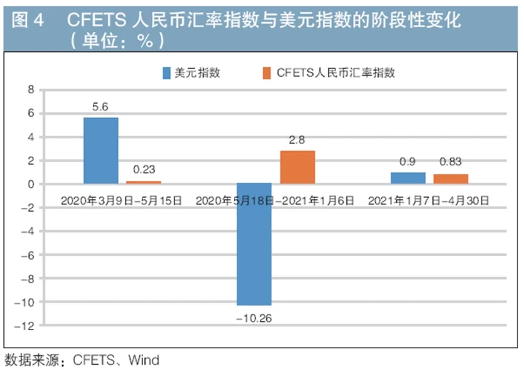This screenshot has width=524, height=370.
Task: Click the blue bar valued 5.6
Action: (101, 151)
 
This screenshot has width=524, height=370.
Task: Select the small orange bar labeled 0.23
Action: (144, 183)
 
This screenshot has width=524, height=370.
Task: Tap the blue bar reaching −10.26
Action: (254, 244)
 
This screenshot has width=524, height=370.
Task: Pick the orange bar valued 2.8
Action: (298, 167)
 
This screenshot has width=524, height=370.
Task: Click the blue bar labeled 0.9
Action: (408, 178)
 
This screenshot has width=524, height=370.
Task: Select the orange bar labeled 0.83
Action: (451, 179)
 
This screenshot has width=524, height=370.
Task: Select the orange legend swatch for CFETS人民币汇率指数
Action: (267, 72)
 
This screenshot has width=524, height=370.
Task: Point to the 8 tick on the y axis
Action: (30, 90)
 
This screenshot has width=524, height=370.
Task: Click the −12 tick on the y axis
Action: (26, 325)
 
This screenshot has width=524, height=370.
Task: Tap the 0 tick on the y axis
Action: (30, 184)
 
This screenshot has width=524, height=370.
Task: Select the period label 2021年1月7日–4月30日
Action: (429, 201)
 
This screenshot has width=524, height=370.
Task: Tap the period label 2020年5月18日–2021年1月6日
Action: (275, 201)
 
